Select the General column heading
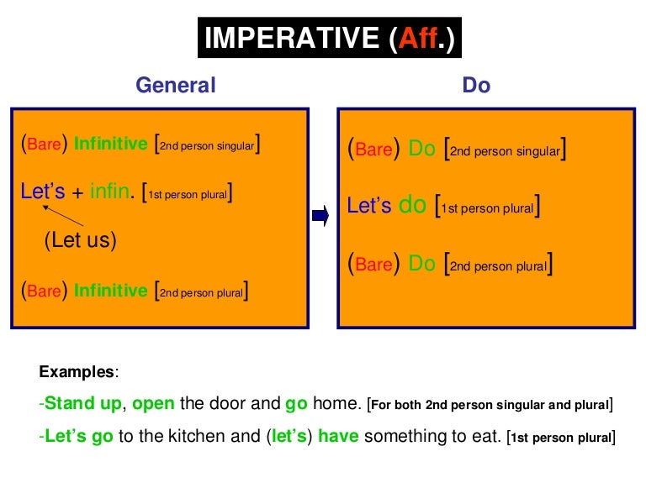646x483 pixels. point(176,85)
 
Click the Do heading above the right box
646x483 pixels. point(476,85)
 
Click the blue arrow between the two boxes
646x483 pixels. point(320,218)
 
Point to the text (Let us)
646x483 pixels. point(80,240)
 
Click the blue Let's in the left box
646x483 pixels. point(42,192)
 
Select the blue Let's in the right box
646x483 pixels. point(369,206)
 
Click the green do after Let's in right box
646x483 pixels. point(412,206)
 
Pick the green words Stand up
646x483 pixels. point(83,404)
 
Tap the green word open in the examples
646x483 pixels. point(153,404)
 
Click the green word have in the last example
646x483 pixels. point(339,437)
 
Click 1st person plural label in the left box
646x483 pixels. point(188,194)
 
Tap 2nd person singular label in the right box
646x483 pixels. point(505,151)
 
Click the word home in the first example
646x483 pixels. point(337,404)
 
